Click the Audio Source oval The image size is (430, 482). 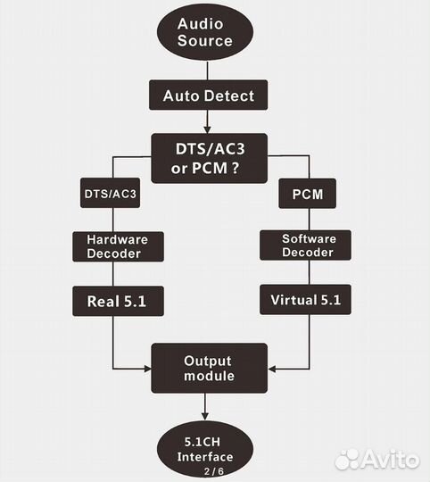click(x=207, y=32)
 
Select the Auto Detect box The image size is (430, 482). click(x=207, y=95)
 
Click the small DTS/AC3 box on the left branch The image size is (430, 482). click(x=112, y=193)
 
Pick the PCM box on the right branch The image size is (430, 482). click(x=300, y=193)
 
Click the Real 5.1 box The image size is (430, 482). click(x=112, y=302)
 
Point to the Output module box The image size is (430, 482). click(x=207, y=368)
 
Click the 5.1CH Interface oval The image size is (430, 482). click(x=207, y=450)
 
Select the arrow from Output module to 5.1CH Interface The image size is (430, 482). click(x=207, y=407)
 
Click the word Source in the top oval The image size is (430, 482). click(x=207, y=41)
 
